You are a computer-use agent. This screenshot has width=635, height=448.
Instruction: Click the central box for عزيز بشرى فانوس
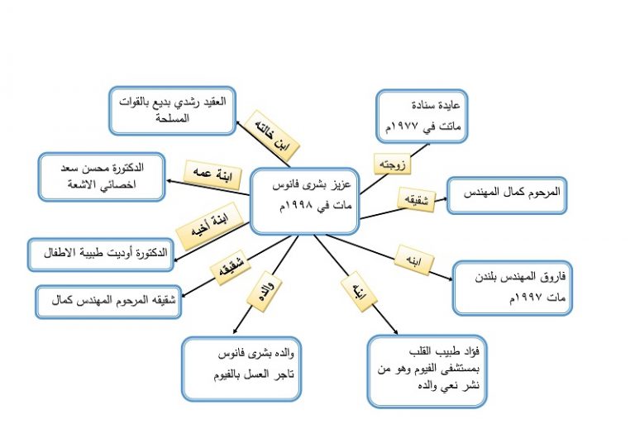(304, 201)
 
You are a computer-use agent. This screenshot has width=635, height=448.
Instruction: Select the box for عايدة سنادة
(422, 117)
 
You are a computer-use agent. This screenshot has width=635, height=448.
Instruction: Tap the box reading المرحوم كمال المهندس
(507, 195)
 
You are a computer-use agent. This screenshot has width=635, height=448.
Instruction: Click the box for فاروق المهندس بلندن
(513, 288)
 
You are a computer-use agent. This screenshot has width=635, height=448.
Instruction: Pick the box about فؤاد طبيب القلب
(427, 371)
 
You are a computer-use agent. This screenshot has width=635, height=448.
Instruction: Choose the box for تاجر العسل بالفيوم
(241, 369)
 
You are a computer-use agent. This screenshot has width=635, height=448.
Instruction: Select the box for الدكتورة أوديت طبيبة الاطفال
(101, 255)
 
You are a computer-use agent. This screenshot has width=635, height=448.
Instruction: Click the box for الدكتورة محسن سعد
(102, 177)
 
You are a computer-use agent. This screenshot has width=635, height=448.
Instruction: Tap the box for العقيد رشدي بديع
(173, 111)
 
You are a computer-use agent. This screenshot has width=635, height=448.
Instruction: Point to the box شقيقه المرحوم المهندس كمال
(108, 302)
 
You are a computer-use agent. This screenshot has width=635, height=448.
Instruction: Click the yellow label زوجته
(392, 164)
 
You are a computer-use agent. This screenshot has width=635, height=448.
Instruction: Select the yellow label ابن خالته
(271, 136)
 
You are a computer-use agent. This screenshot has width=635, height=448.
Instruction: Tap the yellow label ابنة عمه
(212, 175)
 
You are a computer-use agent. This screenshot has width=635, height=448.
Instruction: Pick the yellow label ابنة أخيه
(210, 226)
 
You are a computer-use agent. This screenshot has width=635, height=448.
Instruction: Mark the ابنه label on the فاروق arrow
(414, 260)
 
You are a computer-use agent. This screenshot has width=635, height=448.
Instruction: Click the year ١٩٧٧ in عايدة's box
(405, 126)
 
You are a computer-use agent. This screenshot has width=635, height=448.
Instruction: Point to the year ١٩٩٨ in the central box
(299, 206)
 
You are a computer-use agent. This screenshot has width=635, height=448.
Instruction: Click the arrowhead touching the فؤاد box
(395, 331)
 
